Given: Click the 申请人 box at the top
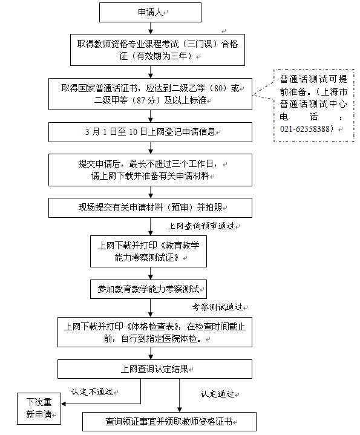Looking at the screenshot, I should click(151, 12).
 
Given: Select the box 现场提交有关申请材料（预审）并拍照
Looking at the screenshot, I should click(151, 208).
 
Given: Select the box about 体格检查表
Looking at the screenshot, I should click(151, 332).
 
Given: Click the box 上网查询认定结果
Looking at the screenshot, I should click(151, 368).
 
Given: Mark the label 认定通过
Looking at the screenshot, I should click(218, 394).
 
